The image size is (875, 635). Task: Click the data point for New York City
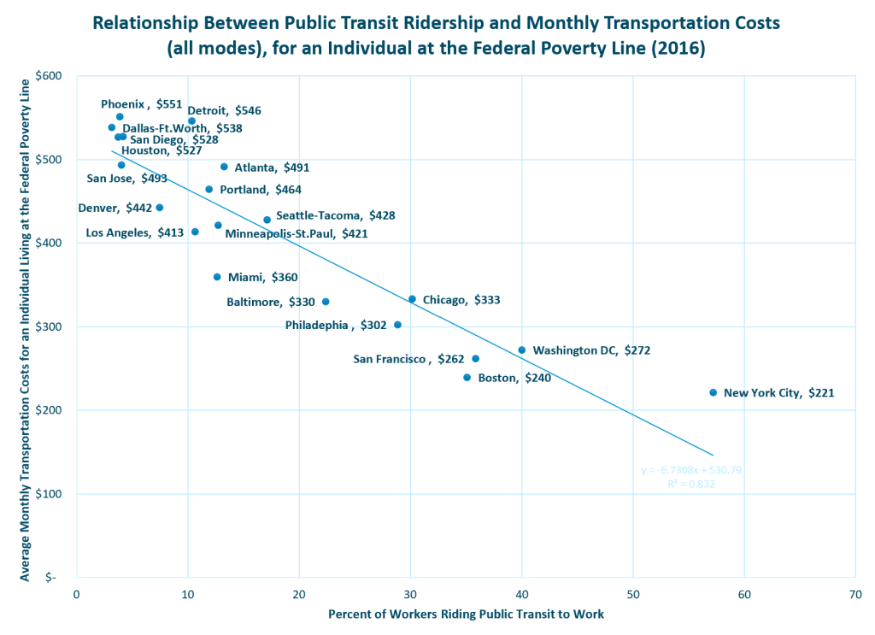tap(713, 392)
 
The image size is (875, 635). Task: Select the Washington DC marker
tap(522, 350)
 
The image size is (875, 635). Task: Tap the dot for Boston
tap(467, 377)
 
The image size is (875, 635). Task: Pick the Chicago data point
tap(412, 299)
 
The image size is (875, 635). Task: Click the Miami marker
tap(217, 277)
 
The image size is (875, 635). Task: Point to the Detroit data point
tap(191, 121)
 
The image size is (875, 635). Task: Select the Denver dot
tap(160, 208)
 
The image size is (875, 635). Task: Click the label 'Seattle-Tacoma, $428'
tap(335, 216)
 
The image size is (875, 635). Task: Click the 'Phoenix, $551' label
tap(141, 104)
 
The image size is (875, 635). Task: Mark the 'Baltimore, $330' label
tap(270, 302)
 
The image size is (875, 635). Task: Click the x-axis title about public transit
tap(466, 614)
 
